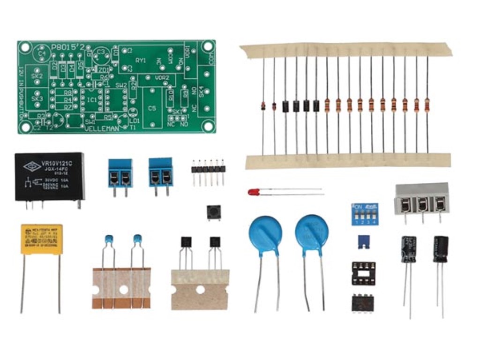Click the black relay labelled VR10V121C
pos(49,177)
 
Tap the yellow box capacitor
pos(41,239)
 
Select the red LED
pos(254,192)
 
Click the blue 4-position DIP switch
pos(365,214)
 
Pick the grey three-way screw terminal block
pos(422,199)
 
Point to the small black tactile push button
pos(213,213)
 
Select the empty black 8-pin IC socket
pos(363,273)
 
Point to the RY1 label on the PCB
pos(141,60)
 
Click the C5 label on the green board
pos(152,109)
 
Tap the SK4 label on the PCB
pos(202,92)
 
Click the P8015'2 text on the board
pos(68,47)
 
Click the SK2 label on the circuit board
pos(37,76)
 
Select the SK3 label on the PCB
pos(37,99)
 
